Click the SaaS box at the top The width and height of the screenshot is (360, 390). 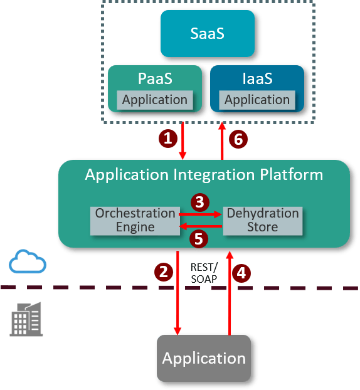(207, 33)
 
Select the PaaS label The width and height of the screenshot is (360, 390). (154, 79)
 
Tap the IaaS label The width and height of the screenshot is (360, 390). (257, 79)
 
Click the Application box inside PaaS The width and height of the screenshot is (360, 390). (154, 100)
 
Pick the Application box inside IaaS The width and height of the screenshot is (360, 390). (257, 100)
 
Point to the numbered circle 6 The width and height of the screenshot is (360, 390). (237, 139)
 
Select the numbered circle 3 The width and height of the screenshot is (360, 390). (199, 202)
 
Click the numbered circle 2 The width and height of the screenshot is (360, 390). (163, 272)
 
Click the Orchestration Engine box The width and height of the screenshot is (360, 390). (135, 220)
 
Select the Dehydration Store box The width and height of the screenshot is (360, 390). (262, 220)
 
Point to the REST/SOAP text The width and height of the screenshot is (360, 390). (203, 271)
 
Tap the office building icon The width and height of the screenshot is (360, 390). (26, 319)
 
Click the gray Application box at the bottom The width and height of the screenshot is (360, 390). (204, 358)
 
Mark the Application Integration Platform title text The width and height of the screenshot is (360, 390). (204, 174)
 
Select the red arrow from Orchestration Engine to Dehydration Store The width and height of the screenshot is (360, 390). (201, 214)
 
